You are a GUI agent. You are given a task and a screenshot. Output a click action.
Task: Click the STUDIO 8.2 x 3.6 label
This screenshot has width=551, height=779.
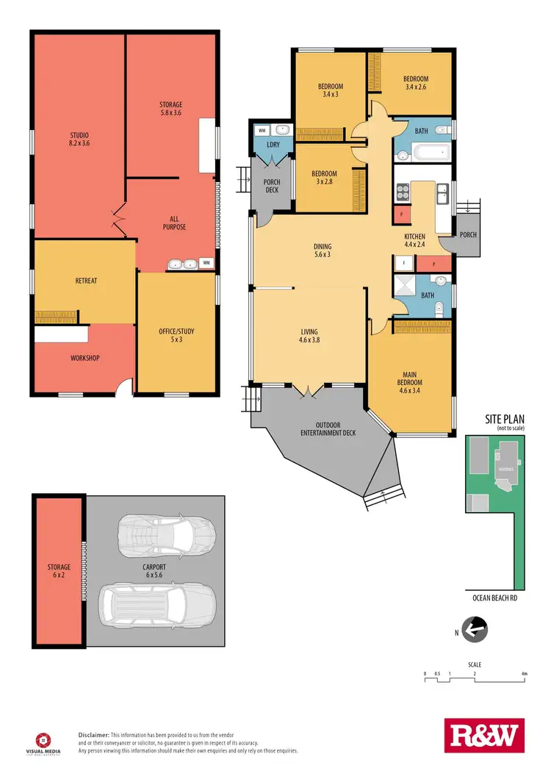(x=79, y=139)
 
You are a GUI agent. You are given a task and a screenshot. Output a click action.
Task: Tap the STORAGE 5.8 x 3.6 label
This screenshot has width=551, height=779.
(x=170, y=109)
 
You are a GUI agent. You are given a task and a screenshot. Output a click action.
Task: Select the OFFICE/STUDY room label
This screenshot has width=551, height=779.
(x=177, y=334)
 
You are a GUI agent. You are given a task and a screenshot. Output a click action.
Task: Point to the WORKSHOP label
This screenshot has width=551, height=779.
(x=85, y=358)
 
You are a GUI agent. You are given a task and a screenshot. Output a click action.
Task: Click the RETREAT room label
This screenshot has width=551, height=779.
(x=85, y=281)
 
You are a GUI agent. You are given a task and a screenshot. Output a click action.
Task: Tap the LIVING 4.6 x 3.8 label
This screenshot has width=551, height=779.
(x=310, y=336)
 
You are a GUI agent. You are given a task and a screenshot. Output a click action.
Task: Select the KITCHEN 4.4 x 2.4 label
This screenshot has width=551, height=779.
(x=415, y=240)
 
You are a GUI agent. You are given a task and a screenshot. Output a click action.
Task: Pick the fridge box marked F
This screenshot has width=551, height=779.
(x=403, y=262)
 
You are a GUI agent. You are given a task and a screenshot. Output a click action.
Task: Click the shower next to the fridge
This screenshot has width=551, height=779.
(x=403, y=285)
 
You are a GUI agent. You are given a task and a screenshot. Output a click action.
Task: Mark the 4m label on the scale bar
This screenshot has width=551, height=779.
(x=523, y=673)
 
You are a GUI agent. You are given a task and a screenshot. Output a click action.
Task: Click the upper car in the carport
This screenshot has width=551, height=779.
(x=167, y=530)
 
